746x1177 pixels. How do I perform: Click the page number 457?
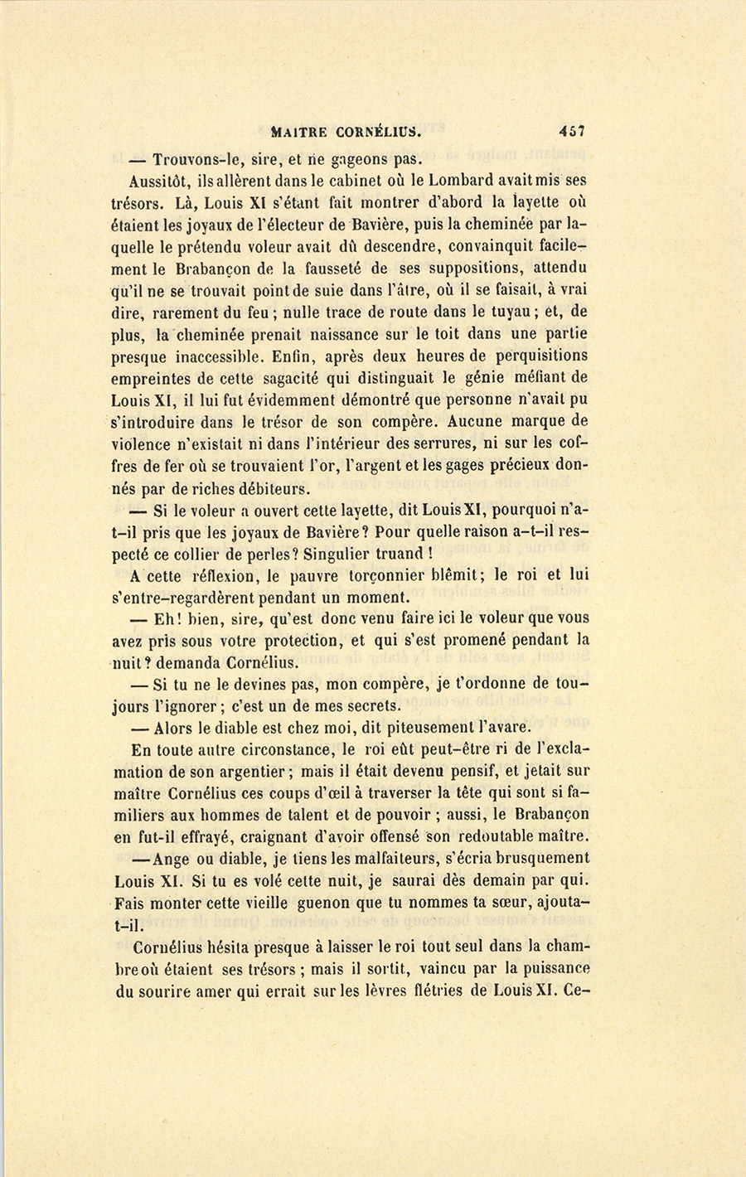572,130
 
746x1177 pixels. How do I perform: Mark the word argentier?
246,771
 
